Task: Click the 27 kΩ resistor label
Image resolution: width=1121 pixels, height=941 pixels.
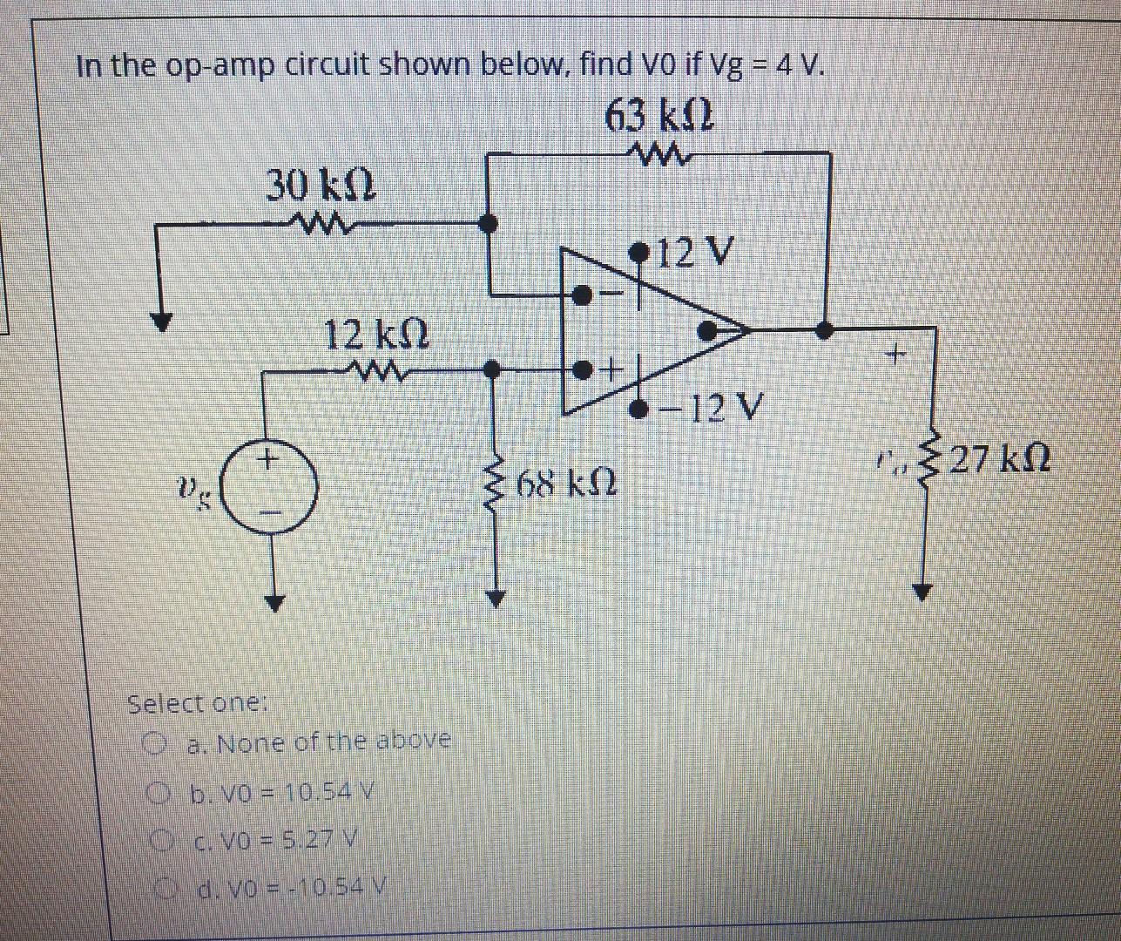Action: pos(999,458)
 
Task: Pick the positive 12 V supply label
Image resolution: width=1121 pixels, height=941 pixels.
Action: pos(693,254)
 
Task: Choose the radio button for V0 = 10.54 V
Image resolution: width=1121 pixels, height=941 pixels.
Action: pos(157,793)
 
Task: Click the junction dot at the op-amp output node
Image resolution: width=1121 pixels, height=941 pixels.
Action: pos(824,330)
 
